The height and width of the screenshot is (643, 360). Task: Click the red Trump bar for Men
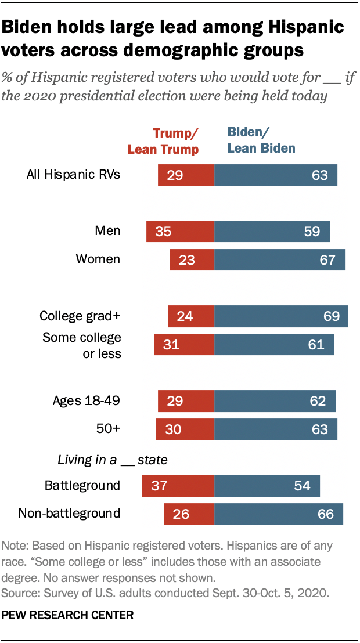pos(180,231)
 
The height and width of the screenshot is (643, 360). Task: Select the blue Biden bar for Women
pos(280,259)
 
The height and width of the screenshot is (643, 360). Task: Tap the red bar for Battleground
pos(178,485)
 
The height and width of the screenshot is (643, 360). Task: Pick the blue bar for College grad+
pos(281,316)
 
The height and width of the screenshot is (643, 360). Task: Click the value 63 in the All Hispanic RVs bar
pos(320,175)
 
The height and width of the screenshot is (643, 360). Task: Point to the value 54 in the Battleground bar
pos(303,485)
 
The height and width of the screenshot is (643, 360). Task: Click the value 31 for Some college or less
pos(171,344)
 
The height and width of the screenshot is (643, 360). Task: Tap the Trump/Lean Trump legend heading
pos(163,141)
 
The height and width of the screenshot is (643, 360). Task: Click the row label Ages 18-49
pos(87,401)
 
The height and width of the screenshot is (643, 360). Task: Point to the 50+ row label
pos(109,429)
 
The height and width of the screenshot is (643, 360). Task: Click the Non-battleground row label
pos(70,513)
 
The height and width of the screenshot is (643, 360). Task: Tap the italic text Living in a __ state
pos(113,460)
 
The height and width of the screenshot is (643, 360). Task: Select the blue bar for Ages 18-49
pos(275,401)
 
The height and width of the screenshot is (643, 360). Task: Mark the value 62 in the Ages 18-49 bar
pos(318,401)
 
